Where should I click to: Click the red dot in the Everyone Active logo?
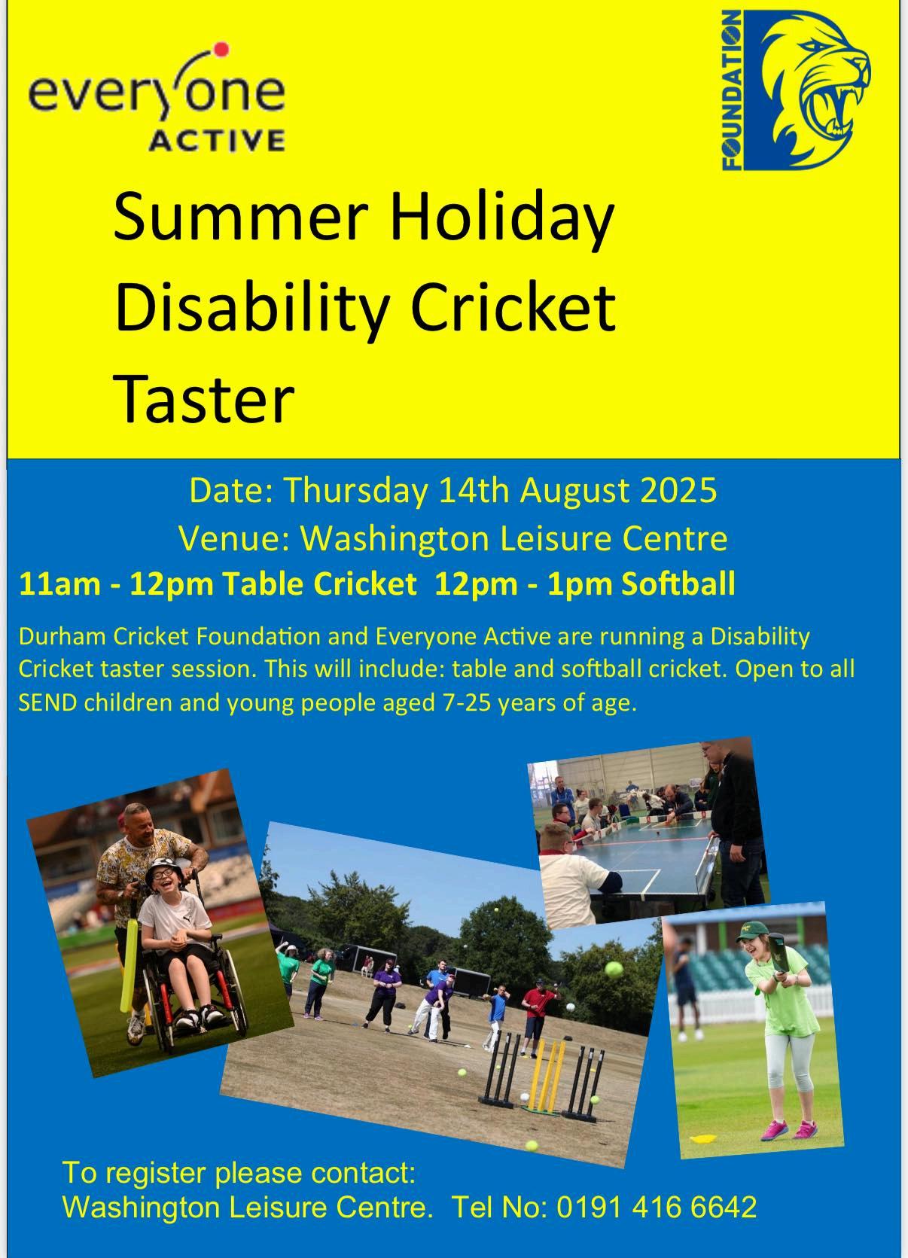pyautogui.click(x=222, y=50)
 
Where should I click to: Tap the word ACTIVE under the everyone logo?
pyautogui.click(x=217, y=140)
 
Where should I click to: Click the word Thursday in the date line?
pyautogui.click(x=355, y=491)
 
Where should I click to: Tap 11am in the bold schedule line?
pyautogui.click(x=59, y=585)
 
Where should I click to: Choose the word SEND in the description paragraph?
pyautogui.click(x=47, y=702)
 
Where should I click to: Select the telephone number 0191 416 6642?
pyautogui.click(x=657, y=1206)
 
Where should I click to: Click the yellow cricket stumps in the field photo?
pyautogui.click(x=546, y=1077)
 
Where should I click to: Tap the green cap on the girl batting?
pyautogui.click(x=751, y=928)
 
